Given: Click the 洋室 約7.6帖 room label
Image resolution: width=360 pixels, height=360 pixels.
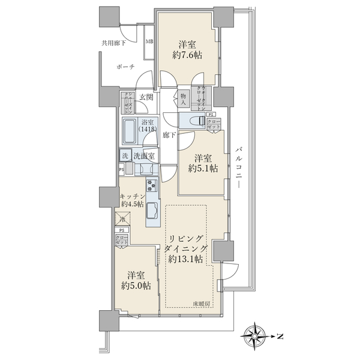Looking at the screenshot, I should (187, 49).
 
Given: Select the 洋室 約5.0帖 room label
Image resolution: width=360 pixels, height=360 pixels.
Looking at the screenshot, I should (136, 281).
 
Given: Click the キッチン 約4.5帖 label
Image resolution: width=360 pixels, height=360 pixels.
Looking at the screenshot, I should (131, 200).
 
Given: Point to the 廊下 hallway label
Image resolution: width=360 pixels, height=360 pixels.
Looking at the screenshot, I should (169, 136).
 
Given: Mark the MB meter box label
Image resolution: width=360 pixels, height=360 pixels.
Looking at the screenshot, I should (151, 41).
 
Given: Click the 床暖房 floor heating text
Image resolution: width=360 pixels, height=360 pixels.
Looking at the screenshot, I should (202, 304).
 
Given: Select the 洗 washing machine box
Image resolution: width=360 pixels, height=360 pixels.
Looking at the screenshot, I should (125, 156).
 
